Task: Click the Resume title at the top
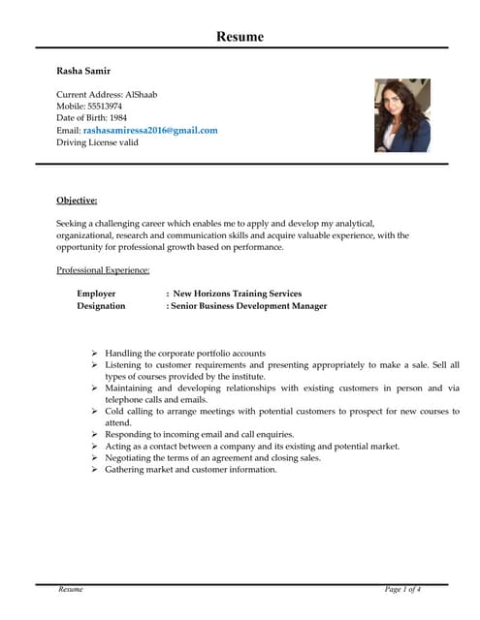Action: (x=240, y=37)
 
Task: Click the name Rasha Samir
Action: (x=83, y=71)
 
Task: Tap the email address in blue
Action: (x=150, y=130)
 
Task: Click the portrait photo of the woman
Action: (x=401, y=115)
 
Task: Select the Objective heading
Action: (x=77, y=201)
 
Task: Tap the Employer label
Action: (x=96, y=294)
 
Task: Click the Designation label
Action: (x=101, y=306)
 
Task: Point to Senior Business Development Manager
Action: (x=249, y=306)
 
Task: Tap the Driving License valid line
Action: (x=97, y=141)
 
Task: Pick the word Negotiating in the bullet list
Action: (x=132, y=458)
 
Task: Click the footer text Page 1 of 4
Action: (x=402, y=589)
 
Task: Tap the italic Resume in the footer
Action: (x=71, y=589)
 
